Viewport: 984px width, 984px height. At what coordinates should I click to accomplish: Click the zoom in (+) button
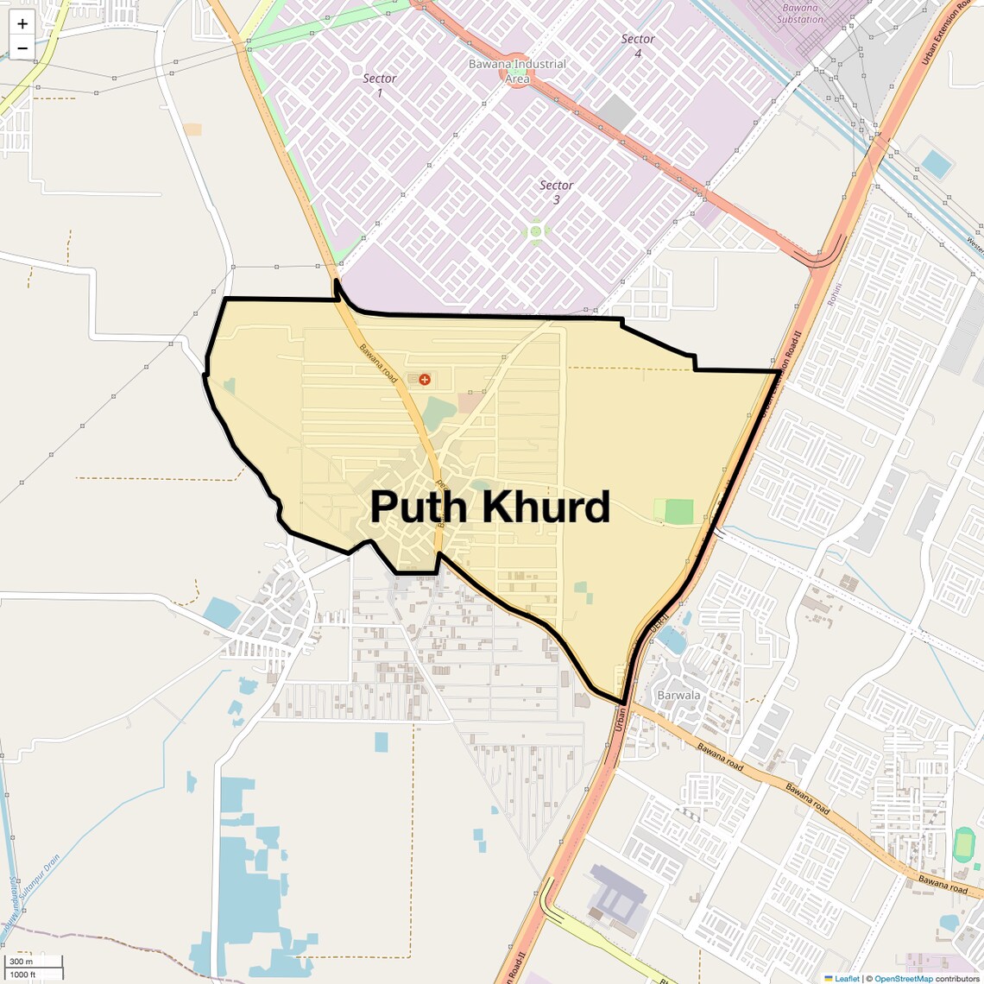pos(22,24)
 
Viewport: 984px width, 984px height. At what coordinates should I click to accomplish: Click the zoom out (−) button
pos(22,48)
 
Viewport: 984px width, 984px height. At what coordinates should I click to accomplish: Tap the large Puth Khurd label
pos(489,507)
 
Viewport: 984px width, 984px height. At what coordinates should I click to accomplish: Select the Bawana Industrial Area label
pos(517,71)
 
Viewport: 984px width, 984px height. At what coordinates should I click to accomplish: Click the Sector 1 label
pos(379,85)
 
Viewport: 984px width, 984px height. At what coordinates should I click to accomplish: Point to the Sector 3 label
pos(556,192)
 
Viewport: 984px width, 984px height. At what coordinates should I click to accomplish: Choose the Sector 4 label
pos(638,46)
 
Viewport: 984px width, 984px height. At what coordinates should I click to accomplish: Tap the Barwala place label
pos(678,695)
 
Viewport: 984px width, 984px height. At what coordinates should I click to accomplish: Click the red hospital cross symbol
pos(424,379)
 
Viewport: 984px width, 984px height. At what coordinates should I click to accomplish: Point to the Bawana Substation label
pos(800,13)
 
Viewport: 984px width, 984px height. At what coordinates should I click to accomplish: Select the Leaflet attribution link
pos(846,978)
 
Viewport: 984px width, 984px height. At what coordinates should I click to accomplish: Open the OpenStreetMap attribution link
pos(903,978)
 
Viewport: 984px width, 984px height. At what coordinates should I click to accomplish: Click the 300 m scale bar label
pos(22,962)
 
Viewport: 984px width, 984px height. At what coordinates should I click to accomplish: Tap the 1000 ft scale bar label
pos(23,975)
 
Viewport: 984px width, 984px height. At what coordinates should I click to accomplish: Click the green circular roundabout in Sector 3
pos(536,231)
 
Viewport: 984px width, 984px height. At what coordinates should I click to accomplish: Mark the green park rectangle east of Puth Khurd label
pos(678,511)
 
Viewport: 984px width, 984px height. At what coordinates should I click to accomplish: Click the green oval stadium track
pos(963,844)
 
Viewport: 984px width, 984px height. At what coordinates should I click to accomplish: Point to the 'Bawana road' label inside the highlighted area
pos(379,362)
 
